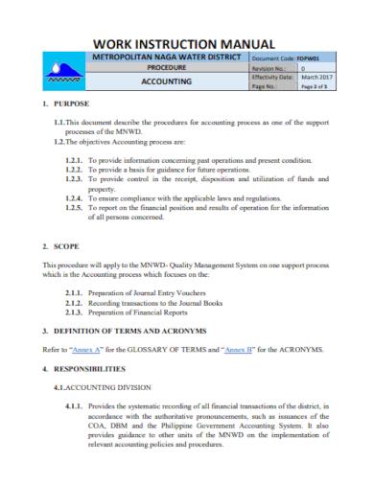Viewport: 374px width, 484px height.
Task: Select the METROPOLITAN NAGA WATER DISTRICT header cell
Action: pyautogui.click(x=166, y=58)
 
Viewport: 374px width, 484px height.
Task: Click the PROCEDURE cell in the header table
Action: pyautogui.click(x=166, y=69)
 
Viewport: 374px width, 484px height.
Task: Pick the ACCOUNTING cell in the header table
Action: pyautogui.click(x=166, y=82)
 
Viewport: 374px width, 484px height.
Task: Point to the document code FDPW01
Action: pyautogui.click(x=311, y=58)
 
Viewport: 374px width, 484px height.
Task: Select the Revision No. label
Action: pyautogui.click(x=268, y=69)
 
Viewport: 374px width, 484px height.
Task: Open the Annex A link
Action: pyautogui.click(x=96, y=349)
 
